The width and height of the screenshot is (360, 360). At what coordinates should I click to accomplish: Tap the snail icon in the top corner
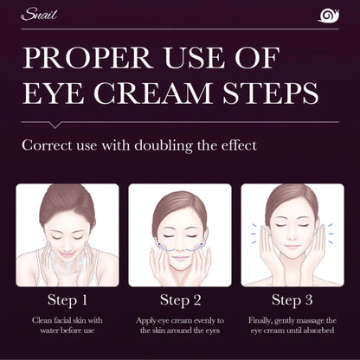pos(329,16)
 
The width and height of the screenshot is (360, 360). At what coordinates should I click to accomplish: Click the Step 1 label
pos(67,300)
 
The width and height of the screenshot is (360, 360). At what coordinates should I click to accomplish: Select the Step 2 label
pos(180,300)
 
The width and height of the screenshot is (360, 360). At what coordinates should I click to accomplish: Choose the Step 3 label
pos(292,300)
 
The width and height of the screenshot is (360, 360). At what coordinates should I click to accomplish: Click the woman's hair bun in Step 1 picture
pos(67,195)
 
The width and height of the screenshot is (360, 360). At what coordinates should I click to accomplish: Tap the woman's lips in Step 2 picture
pos(180,260)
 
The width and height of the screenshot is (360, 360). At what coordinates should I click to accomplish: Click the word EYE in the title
pos(54,93)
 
